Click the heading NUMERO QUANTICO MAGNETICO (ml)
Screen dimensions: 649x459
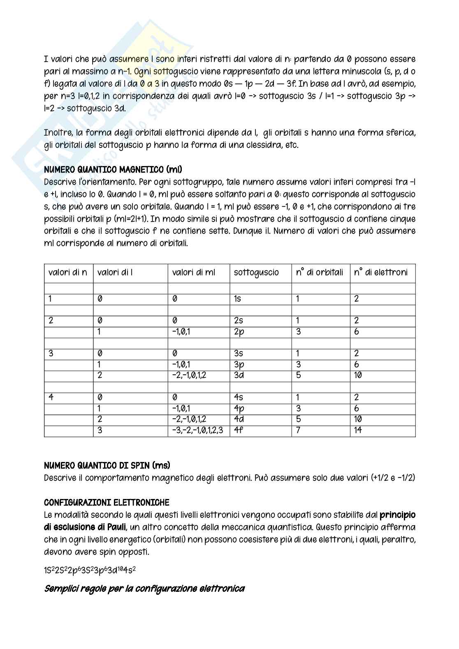(113, 169)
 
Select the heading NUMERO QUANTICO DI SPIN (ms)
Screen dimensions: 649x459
(107, 465)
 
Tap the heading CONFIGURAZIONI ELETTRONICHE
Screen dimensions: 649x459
(107, 502)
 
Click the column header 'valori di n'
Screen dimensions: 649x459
(68, 272)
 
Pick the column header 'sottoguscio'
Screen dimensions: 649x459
(256, 272)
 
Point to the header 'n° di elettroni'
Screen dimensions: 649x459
(381, 272)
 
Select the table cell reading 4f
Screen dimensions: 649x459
(239, 430)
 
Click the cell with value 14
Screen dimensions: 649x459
(358, 430)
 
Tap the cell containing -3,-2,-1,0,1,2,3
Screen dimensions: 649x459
(198, 430)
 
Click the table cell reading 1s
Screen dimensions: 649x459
(237, 299)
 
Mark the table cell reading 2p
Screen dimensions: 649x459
(239, 331)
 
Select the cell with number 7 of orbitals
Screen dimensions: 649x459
(298, 430)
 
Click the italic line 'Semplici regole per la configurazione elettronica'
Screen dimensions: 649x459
(144, 589)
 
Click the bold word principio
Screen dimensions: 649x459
(397, 515)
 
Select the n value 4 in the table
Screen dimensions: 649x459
(51, 397)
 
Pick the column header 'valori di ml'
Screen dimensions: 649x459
(193, 272)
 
